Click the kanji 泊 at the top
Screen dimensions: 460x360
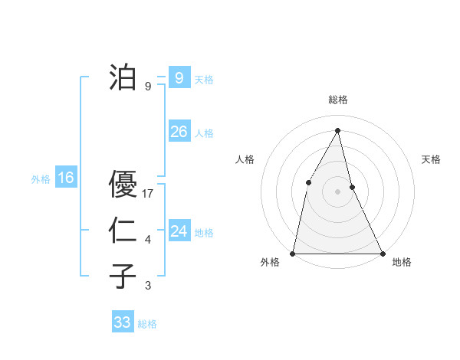click(x=123, y=77)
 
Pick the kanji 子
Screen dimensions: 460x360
click(x=123, y=277)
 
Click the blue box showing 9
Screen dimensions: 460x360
click(x=179, y=77)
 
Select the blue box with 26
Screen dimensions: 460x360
click(x=179, y=132)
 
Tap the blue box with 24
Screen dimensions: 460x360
click(x=179, y=231)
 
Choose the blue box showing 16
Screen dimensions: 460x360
click(x=66, y=178)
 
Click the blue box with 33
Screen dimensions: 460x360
click(x=123, y=322)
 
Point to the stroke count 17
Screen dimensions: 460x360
click(x=149, y=195)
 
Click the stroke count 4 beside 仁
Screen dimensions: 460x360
click(x=148, y=241)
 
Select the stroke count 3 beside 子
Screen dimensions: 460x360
click(x=148, y=286)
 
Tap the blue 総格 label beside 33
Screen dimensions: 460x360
click(x=147, y=324)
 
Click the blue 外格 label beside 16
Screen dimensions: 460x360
click(x=41, y=179)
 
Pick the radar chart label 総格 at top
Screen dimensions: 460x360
click(x=337, y=100)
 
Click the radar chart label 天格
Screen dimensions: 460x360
click(x=432, y=159)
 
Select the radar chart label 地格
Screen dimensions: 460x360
click(x=402, y=262)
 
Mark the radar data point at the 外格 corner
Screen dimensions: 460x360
click(x=293, y=253)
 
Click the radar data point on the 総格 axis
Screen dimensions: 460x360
click(x=337, y=129)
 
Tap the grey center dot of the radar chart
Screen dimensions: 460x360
click(x=337, y=191)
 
